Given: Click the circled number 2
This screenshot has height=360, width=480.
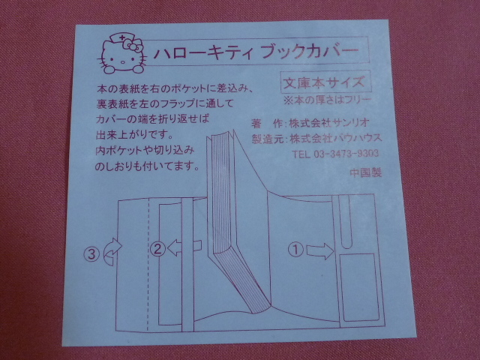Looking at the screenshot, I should pyautogui.click(x=158, y=248).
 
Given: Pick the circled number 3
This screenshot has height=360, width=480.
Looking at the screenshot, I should pyautogui.click(x=91, y=253).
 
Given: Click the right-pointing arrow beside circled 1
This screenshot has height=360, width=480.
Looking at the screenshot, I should pyautogui.click(x=319, y=251).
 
